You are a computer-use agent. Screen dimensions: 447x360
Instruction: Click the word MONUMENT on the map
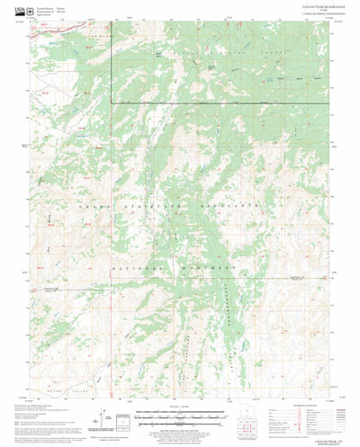pos(205,269)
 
